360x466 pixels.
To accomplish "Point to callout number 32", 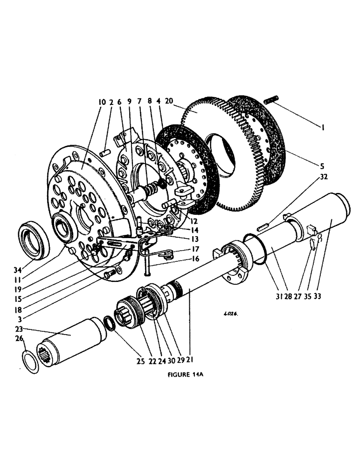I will [x=320, y=177].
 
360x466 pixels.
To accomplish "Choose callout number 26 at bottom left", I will [x=19, y=338].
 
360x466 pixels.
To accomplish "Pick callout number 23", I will [x=19, y=328].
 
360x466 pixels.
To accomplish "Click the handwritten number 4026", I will [x=230, y=314].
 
